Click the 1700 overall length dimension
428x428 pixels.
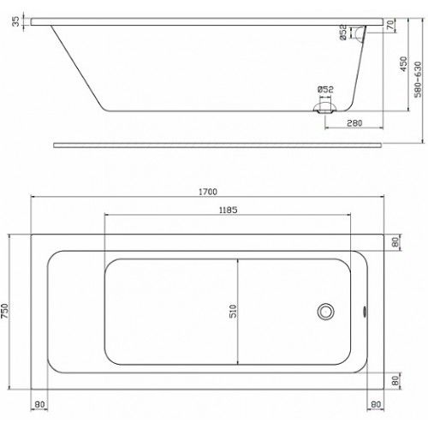coord(208,192)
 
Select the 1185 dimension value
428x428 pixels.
coord(228,210)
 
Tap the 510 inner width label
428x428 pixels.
coord(233,312)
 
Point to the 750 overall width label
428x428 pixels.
coord(5,312)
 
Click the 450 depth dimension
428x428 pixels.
coord(403,64)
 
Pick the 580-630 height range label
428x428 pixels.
coord(418,80)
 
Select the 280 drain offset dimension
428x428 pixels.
coord(354,123)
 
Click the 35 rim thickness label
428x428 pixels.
coord(16,21)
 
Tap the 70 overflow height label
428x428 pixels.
coord(390,25)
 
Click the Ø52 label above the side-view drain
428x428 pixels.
coord(325,90)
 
